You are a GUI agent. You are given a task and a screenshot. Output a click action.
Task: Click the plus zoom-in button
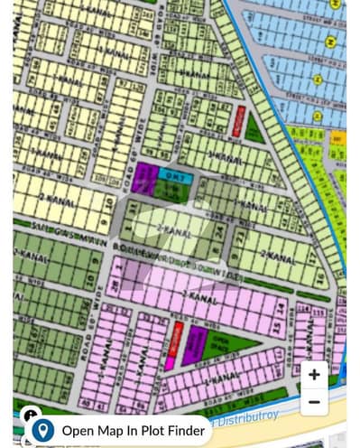tap(313, 374)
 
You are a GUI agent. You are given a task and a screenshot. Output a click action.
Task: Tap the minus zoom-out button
tap(313, 401)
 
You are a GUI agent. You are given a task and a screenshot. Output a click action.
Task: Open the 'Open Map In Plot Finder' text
tap(133, 431)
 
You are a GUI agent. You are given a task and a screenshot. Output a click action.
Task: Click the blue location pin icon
tap(43, 431)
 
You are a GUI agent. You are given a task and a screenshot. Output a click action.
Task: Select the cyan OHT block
tap(171, 173)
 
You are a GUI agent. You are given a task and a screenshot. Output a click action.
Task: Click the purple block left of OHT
tap(144, 179)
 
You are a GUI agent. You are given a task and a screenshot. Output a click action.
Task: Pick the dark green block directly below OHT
tap(168, 190)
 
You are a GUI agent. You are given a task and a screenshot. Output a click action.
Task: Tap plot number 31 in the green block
tap(134, 211)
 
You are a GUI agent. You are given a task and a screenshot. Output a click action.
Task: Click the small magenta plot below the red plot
tap(171, 363)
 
